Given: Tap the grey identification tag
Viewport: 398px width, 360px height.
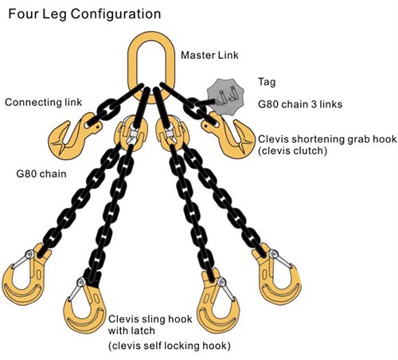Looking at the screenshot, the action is tap(225, 96).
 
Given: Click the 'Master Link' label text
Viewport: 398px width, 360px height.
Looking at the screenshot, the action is tap(209, 55).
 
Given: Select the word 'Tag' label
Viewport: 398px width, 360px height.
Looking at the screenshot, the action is tap(267, 82).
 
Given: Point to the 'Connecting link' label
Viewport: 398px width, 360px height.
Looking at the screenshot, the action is tap(43, 102).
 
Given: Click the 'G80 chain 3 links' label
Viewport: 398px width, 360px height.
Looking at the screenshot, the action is tap(300, 104).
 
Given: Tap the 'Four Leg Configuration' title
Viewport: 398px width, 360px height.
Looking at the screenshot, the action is tap(84, 14).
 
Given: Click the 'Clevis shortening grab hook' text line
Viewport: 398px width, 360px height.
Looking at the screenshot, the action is tap(327, 139).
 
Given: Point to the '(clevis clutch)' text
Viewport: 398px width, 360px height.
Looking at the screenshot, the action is tap(292, 151).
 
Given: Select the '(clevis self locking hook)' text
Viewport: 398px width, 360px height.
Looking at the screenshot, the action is tap(169, 346).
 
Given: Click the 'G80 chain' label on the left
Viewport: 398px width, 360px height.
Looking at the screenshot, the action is tap(41, 174).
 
